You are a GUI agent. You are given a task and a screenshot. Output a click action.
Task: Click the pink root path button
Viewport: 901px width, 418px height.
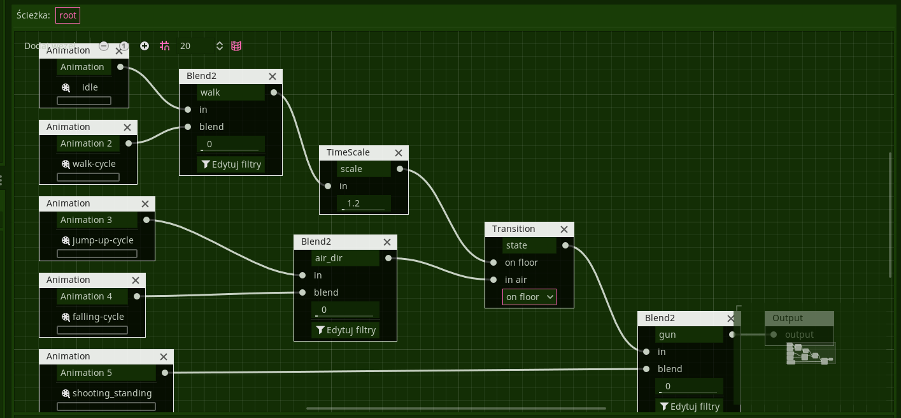tap(67, 15)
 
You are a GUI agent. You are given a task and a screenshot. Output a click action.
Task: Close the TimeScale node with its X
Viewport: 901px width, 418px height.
tap(399, 153)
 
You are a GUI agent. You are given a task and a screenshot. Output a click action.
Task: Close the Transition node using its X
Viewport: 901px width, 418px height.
tap(564, 229)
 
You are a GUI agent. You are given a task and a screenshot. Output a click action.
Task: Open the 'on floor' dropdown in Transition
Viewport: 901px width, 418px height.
tap(529, 297)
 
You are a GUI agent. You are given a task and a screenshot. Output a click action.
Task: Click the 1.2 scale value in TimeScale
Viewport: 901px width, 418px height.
tap(363, 203)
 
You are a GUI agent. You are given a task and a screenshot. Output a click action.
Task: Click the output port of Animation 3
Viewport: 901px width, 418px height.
tap(146, 220)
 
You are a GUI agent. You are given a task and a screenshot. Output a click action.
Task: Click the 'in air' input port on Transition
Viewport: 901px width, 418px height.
tap(493, 280)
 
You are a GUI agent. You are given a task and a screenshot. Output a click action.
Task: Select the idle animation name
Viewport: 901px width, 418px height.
tap(90, 87)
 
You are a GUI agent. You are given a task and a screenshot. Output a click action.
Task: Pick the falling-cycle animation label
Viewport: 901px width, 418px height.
tap(98, 317)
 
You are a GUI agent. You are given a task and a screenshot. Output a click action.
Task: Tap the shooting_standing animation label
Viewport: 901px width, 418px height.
tap(112, 393)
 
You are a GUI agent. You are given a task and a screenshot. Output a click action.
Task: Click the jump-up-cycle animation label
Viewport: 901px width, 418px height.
tap(103, 240)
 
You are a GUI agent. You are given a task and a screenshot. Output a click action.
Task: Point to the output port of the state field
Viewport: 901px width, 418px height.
tap(566, 245)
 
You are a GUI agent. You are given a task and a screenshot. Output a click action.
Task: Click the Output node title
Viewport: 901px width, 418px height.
tap(788, 318)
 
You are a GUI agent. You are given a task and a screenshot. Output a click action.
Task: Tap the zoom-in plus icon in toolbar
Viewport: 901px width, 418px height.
tap(145, 46)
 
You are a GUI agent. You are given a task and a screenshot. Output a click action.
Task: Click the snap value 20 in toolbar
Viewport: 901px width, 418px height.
tap(185, 46)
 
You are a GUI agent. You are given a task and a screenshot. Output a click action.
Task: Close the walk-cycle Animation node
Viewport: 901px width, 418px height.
tap(127, 127)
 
